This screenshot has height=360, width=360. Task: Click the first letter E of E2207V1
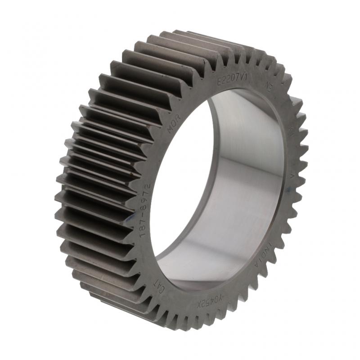220,82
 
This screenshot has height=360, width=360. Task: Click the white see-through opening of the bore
184,180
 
